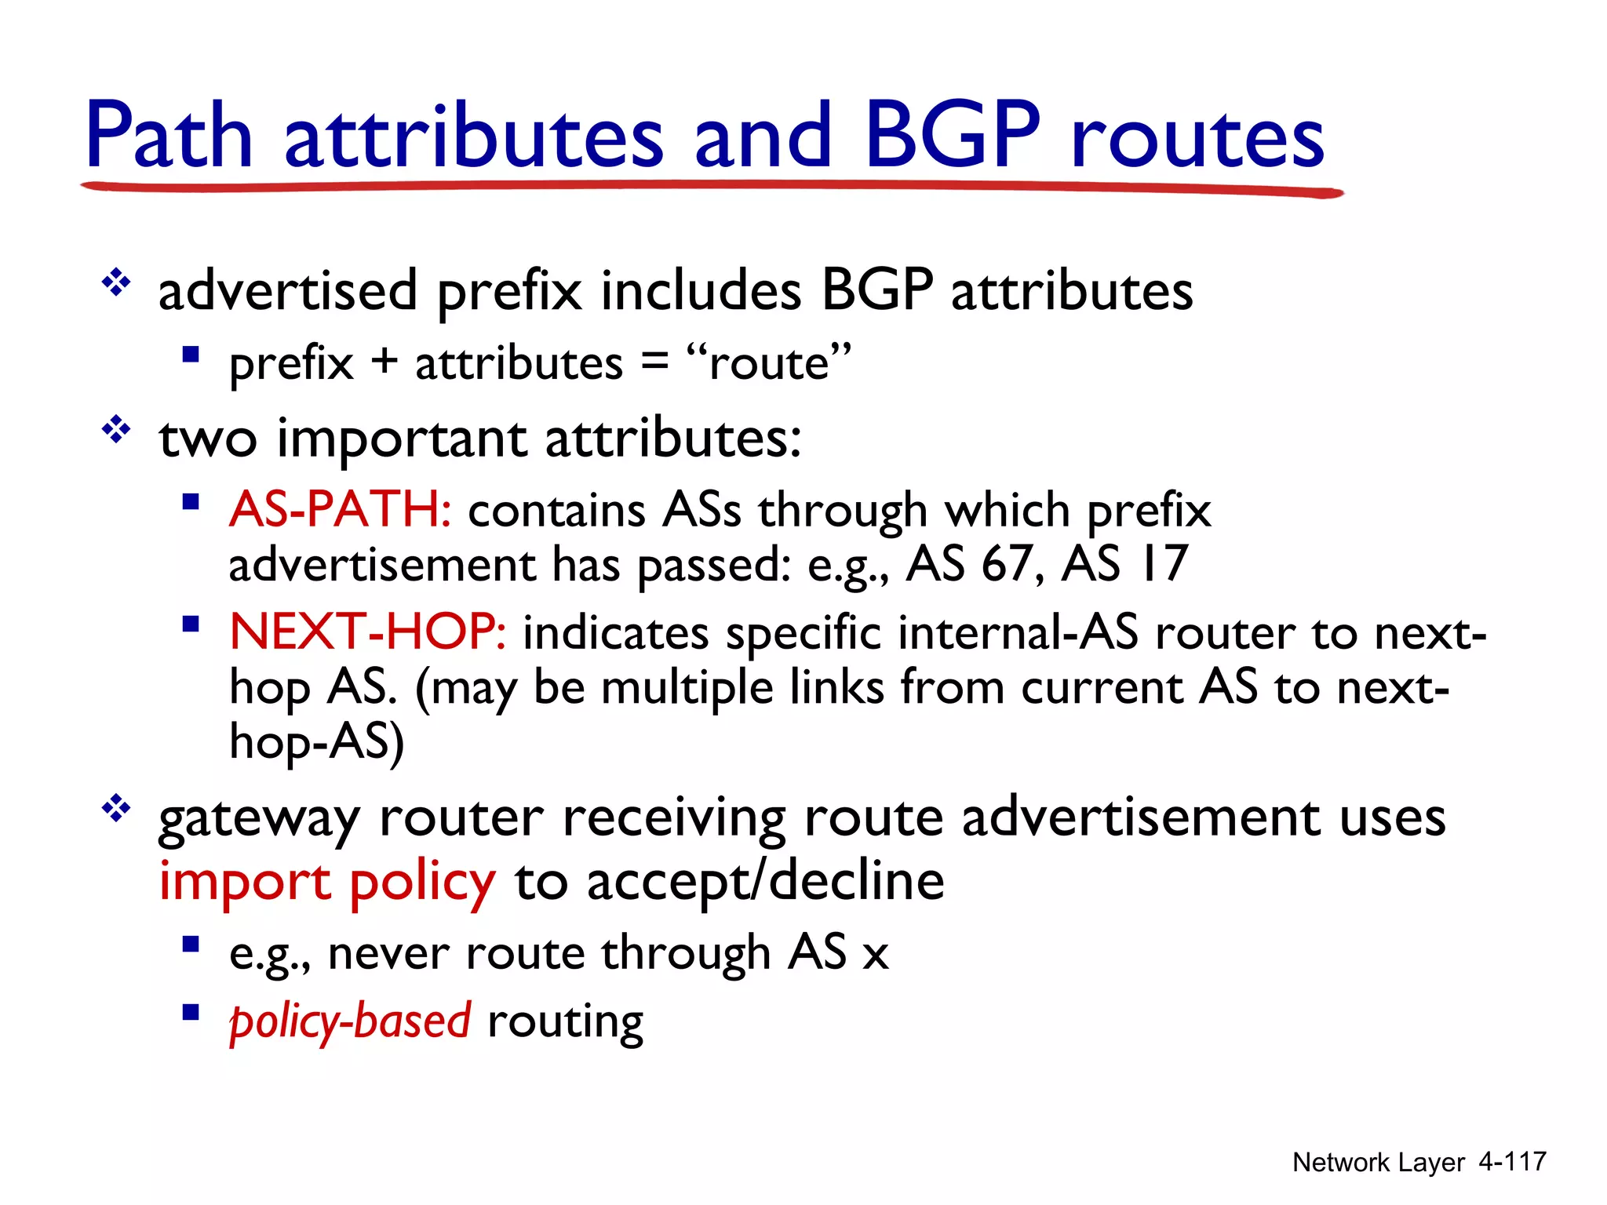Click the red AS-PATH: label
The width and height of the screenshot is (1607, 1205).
pos(340,510)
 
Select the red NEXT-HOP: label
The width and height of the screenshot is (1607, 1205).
pos(367,632)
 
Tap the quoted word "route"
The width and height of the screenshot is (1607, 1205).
pos(769,362)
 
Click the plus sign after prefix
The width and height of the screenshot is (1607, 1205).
pos(384,363)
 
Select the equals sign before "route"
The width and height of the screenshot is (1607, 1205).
pos(654,363)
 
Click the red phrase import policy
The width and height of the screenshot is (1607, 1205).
pos(327,882)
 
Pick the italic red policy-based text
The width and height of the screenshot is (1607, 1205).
pos(350,1022)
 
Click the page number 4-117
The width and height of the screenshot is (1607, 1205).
pos(1512,1161)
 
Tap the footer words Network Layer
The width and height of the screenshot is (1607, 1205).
pos(1378,1162)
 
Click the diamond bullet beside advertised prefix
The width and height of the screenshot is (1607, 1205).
pos(116,282)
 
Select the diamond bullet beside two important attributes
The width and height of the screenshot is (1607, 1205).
pos(116,430)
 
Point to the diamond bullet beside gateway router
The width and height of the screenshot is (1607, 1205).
pos(116,809)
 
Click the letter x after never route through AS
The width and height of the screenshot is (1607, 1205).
pos(875,956)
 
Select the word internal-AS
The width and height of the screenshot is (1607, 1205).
pos(1018,632)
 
